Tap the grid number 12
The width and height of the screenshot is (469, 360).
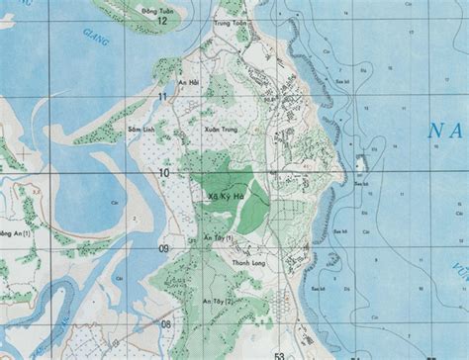(162, 20)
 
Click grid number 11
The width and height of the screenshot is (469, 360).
(162, 96)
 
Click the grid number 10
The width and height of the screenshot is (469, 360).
(162, 173)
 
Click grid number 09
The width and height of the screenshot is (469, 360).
(163, 249)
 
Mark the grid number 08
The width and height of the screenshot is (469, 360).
(164, 323)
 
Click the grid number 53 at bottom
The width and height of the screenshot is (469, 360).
(279, 354)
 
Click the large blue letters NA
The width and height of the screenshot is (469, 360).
(447, 130)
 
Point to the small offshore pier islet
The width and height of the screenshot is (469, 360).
(362, 162)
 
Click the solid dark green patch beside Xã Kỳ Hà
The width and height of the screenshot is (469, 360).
(254, 208)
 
